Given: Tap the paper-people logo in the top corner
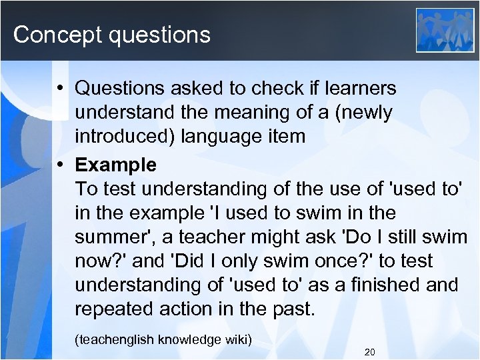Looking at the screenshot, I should point(445,29).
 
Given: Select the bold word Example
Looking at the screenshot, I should point(116,165).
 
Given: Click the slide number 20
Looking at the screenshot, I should point(370,351).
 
